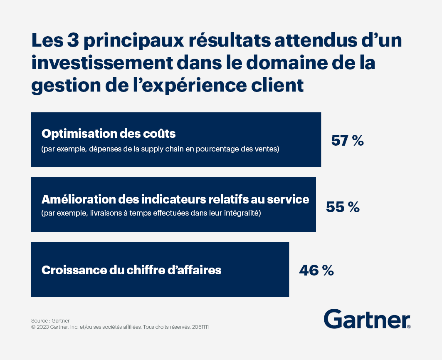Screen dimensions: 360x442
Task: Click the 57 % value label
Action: click(x=347, y=141)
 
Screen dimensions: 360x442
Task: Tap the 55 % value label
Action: click(x=343, y=207)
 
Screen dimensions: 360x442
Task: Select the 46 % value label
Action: click(x=316, y=270)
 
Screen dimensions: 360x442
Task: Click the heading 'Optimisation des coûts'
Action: click(x=109, y=134)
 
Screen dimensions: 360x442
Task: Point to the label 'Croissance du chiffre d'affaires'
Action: click(x=131, y=270)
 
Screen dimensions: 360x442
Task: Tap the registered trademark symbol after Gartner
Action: click(x=409, y=327)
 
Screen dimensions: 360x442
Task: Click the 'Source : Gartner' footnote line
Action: click(x=50, y=321)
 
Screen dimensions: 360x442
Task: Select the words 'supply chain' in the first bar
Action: click(x=175, y=149)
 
